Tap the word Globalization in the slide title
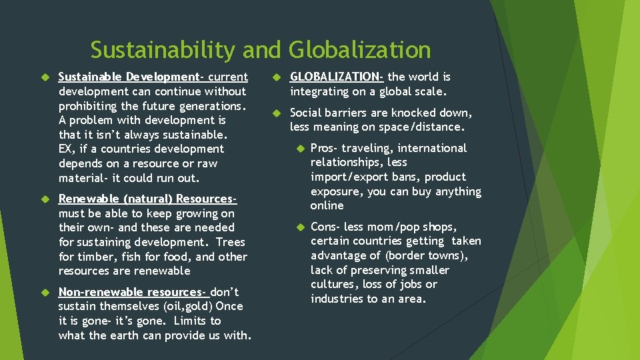(x=360, y=50)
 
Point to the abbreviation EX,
(x=67, y=149)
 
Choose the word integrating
(x=319, y=91)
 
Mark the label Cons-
(x=325, y=227)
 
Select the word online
(x=327, y=205)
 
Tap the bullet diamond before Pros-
(x=301, y=148)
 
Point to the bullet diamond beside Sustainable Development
(x=47, y=77)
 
